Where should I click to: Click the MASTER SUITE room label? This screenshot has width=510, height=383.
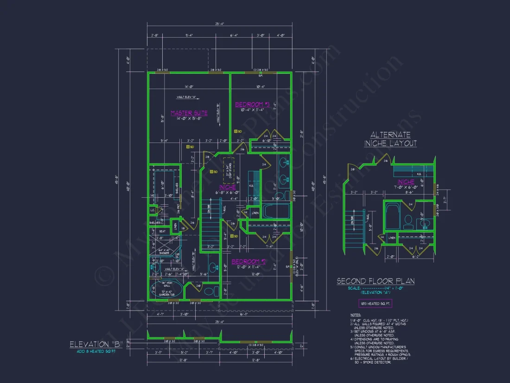(189, 113)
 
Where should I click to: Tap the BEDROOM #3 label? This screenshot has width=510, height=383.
(252, 104)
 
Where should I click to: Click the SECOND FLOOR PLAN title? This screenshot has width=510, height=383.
(375, 281)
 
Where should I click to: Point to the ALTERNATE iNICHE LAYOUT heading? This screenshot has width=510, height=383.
(390, 139)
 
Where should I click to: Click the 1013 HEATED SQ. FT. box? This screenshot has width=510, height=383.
(375, 304)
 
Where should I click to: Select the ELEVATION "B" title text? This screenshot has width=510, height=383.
(96, 344)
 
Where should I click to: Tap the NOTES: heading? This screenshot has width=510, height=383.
(356, 315)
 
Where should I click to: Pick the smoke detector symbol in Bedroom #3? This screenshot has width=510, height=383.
(235, 131)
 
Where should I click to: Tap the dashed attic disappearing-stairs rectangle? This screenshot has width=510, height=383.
(229, 170)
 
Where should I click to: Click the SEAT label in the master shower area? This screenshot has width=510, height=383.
(162, 231)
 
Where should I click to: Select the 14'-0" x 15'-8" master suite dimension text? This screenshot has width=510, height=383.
(189, 119)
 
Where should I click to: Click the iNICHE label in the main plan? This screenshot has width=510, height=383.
(228, 187)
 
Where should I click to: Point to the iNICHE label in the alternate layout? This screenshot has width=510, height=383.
(406, 182)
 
